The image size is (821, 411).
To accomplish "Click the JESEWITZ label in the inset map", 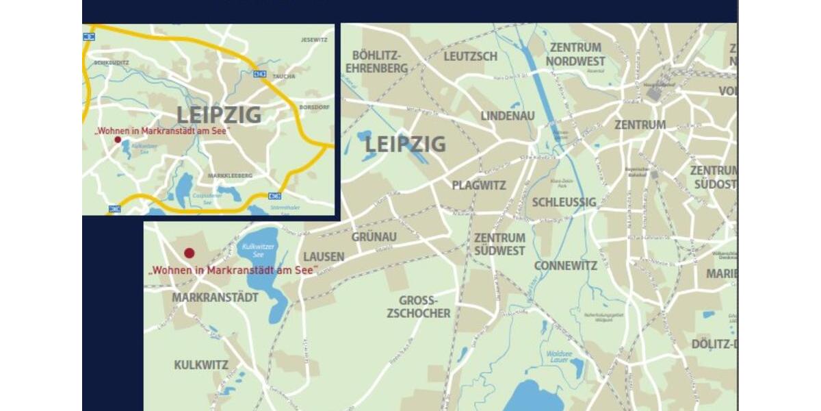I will pyautogui.click(x=314, y=40).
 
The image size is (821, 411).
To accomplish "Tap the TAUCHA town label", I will pyautogui.click(x=283, y=76).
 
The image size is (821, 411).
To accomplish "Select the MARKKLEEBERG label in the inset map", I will pyautogui.click(x=229, y=176).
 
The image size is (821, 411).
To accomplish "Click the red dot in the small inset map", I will pyautogui.click(x=118, y=140).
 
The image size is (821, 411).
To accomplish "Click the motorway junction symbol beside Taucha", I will pyautogui.click(x=259, y=73).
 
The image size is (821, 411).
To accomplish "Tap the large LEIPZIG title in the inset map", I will pyautogui.click(x=219, y=115).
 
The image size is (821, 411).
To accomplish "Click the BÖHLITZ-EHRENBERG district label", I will pyautogui.click(x=376, y=62).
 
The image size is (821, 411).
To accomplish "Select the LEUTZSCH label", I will pyautogui.click(x=470, y=56).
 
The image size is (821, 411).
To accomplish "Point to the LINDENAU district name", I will pyautogui.click(x=507, y=116).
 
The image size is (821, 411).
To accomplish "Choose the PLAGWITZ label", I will pyautogui.click(x=479, y=186).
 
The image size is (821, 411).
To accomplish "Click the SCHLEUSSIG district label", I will pyautogui.click(x=564, y=202).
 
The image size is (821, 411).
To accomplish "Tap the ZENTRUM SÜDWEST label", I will pyautogui.click(x=499, y=245).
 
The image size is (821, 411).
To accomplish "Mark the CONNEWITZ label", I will pyautogui.click(x=565, y=266).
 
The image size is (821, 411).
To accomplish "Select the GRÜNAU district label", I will pyautogui.click(x=374, y=237).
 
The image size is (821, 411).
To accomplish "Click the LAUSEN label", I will pyautogui.click(x=324, y=257).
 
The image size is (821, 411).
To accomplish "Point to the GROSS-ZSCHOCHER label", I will pyautogui.click(x=419, y=307).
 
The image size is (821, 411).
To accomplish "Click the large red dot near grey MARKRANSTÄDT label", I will pyautogui.click(x=190, y=253).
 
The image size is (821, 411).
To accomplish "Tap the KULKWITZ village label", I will pyautogui.click(x=201, y=365).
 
